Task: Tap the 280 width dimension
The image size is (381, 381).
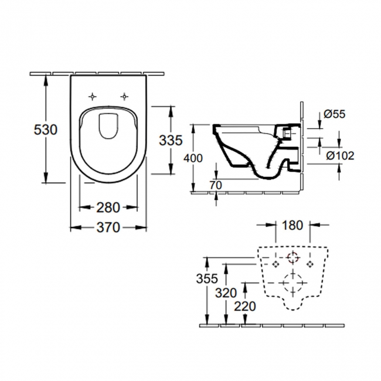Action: tap(108, 206)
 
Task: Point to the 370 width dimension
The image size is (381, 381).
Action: tap(108, 226)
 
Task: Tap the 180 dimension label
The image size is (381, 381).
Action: tap(292, 224)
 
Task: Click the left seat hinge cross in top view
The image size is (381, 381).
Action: tap(93, 96)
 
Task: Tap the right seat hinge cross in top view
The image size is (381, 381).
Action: tap(124, 96)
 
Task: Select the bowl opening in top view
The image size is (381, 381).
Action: tap(108, 127)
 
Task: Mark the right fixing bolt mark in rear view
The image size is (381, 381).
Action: tap(310, 264)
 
